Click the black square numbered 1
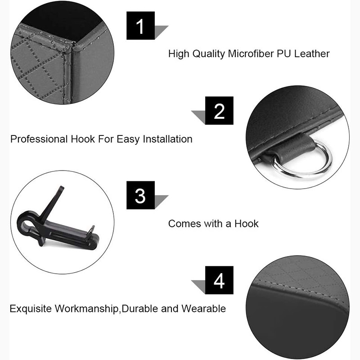pyautogui.click(x=140, y=26)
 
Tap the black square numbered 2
pyautogui.click(x=219, y=110)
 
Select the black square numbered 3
pyautogui.click(x=140, y=195)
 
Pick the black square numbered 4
pyautogui.click(x=219, y=280)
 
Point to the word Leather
pyautogui.click(x=312, y=54)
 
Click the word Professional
pyautogui.click(x=40, y=139)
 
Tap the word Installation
pyautogui.click(x=167, y=139)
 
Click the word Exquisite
pyautogui.click(x=31, y=309)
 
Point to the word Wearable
pyautogui.click(x=204, y=309)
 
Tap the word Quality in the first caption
pyautogui.click(x=208, y=54)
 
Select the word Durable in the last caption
pyautogui.click(x=140, y=309)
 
